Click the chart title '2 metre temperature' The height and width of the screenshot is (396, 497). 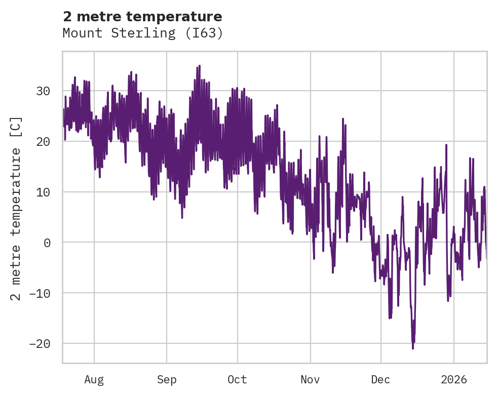tap(142, 17)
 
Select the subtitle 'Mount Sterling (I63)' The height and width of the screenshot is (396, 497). tap(142, 33)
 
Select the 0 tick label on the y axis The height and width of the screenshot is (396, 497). tap(47, 243)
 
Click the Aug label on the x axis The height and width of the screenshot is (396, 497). tap(94, 380)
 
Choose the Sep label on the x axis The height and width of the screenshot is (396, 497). tap(167, 380)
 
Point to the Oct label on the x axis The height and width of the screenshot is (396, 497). tap(237, 380)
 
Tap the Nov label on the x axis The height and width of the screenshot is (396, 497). tap(310, 380)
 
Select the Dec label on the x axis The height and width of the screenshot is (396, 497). tap(380, 380)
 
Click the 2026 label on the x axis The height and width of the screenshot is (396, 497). tap(453, 380)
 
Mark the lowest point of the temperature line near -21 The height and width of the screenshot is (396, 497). tap(413, 348)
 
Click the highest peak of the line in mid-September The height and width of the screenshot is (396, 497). tap(200, 66)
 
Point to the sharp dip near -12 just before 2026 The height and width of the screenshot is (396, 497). tap(448, 301)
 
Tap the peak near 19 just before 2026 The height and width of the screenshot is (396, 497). tap(446, 145)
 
